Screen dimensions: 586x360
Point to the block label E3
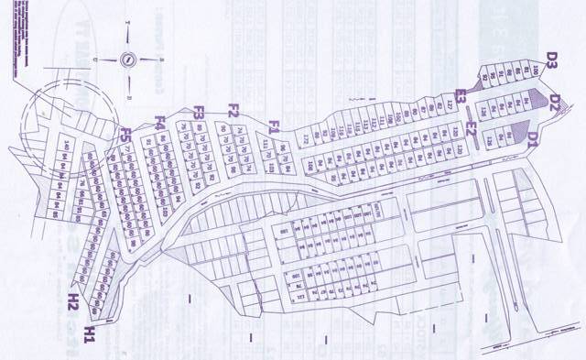click(462, 94)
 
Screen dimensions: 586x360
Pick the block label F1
click(274, 125)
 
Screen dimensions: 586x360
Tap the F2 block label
click(233, 112)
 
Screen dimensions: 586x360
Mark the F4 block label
click(159, 122)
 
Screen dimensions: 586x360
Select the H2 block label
click(72, 299)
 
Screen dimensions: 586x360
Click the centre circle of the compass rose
click(127, 59)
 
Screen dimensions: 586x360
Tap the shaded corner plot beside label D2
click(532, 100)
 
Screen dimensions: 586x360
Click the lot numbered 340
click(65, 145)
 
